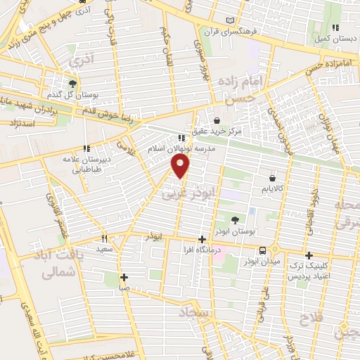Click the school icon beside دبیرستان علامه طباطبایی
point(86,148)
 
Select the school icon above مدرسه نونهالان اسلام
point(181,138)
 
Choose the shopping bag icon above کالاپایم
point(271,178)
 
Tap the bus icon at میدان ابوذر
point(262,250)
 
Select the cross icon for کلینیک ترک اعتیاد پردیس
point(309,255)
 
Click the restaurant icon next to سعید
point(105,238)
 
